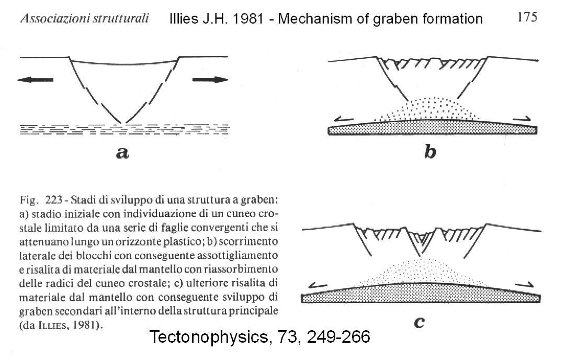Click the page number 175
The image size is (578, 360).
pos(527,17)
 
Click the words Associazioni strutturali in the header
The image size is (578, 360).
pos(84,18)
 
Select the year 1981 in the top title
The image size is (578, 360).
pos(248,18)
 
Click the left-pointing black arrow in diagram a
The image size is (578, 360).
pos(36,80)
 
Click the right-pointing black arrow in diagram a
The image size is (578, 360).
pos(210,80)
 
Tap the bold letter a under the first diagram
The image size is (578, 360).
pos(122,152)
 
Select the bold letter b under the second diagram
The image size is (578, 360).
pos(430,151)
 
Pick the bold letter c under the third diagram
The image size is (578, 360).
pos(419,322)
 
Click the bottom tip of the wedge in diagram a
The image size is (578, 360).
pos(123,123)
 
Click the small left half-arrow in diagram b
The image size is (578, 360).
pos(344,119)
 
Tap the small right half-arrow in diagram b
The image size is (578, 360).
pos(520,118)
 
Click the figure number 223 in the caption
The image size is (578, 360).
pos(54,200)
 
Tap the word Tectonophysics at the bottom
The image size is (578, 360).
pos(209,337)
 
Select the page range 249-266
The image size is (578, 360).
pos(338,337)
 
